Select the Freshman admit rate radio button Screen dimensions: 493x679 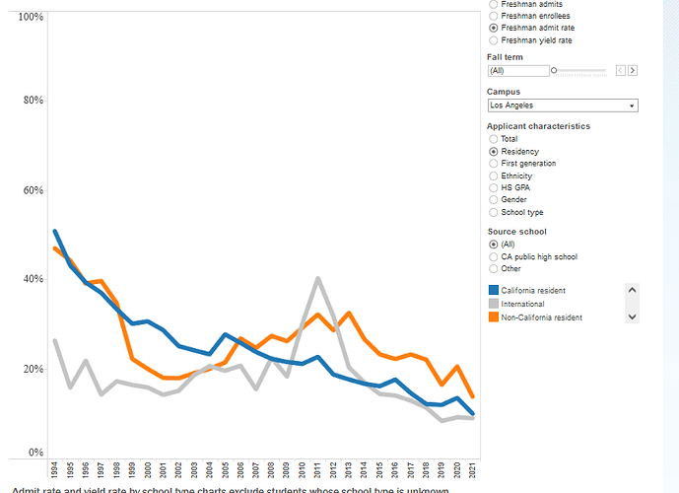coord(494,28)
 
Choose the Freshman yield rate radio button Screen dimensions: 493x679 coord(494,40)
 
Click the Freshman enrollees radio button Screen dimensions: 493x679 coord(494,16)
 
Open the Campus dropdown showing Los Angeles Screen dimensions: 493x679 coord(563,105)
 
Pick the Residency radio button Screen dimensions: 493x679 coord(494,152)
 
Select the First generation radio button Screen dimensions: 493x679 coord(494,164)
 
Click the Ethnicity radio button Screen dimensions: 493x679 coord(494,176)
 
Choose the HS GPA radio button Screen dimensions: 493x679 coord(494,187)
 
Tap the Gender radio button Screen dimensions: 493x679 coord(494,200)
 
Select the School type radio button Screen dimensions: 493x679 coord(494,212)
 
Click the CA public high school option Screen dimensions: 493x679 coord(494,256)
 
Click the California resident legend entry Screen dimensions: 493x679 coord(532,290)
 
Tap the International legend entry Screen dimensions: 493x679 coord(522,304)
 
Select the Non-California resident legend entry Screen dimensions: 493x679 coord(541,317)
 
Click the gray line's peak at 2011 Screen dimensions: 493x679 coord(317,278)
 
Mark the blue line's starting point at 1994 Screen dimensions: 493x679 coord(55,232)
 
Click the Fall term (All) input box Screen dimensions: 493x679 coord(518,71)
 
